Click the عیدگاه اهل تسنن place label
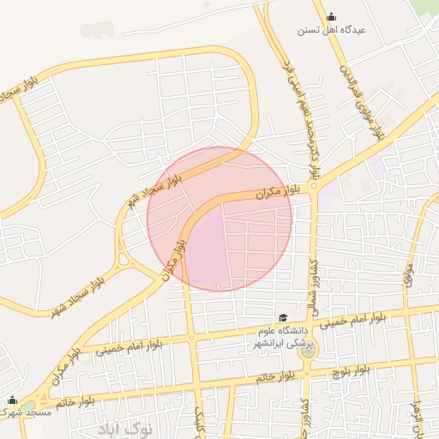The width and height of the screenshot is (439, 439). tap(331, 30)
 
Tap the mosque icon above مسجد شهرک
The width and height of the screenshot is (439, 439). tap(12, 400)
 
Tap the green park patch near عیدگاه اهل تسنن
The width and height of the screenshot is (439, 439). tap(423, 9)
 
